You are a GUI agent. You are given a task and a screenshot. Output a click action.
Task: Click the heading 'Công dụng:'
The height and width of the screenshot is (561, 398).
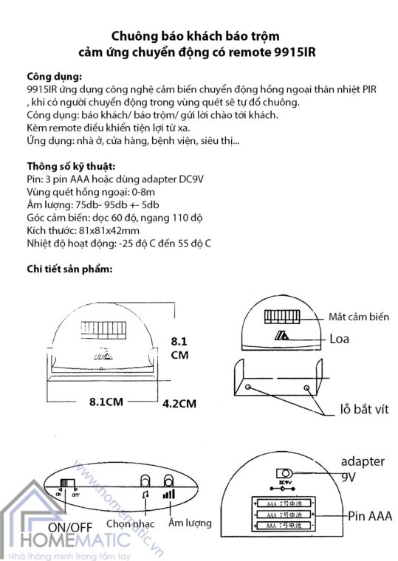coord(54,77)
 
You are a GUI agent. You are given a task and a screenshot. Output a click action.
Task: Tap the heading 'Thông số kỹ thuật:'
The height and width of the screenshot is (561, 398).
coord(70,166)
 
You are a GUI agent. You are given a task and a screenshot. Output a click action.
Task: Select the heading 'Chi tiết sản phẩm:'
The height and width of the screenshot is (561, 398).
coord(69,269)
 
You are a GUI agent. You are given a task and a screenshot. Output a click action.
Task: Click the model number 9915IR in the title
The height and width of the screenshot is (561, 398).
coord(274,53)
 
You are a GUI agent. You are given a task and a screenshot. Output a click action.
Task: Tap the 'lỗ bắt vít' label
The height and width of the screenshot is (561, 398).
coord(358,408)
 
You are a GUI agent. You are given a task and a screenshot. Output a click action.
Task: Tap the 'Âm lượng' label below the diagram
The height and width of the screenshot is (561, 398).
coord(191,523)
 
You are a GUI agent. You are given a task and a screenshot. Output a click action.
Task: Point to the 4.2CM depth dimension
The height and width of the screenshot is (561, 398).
coord(179,403)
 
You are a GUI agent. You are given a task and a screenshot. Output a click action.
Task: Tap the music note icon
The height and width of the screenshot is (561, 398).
coord(146,495)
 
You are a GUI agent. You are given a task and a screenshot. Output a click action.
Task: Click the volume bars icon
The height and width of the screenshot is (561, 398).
coord(170,495)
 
